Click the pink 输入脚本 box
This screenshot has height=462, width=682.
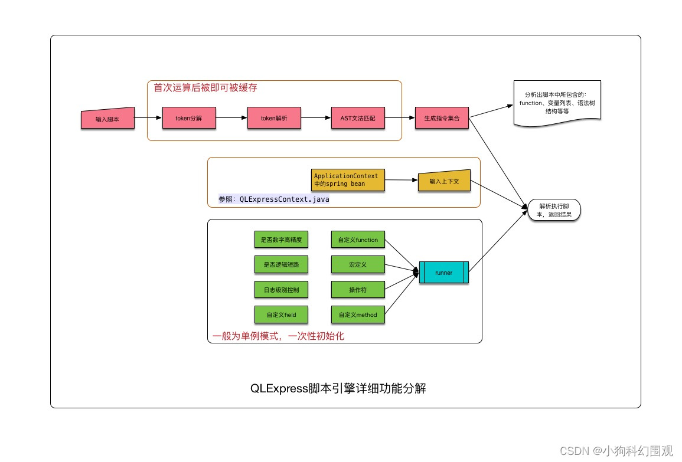tap(107, 119)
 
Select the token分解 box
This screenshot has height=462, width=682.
tap(189, 118)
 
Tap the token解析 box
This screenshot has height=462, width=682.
tap(274, 118)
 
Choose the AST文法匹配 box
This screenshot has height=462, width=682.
tap(358, 118)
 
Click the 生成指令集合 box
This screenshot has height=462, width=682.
tap(442, 118)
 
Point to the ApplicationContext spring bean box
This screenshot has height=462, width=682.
tap(347, 180)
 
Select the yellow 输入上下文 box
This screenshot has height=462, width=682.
tap(443, 181)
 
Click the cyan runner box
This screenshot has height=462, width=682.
tap(444, 273)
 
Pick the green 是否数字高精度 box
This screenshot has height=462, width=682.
tap(281, 240)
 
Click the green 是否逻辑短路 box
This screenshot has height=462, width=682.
tap(281, 265)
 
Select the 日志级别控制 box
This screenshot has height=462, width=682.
tap(281, 290)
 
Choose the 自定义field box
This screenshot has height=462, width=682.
tap(281, 314)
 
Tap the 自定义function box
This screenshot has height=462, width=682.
tap(358, 240)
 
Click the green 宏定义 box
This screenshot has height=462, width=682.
tap(358, 265)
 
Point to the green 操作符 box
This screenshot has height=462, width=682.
tap(358, 290)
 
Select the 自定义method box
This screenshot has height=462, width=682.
tap(358, 314)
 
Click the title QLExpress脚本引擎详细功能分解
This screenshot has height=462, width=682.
tap(338, 389)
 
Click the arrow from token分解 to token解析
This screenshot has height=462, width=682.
tap(231, 118)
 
